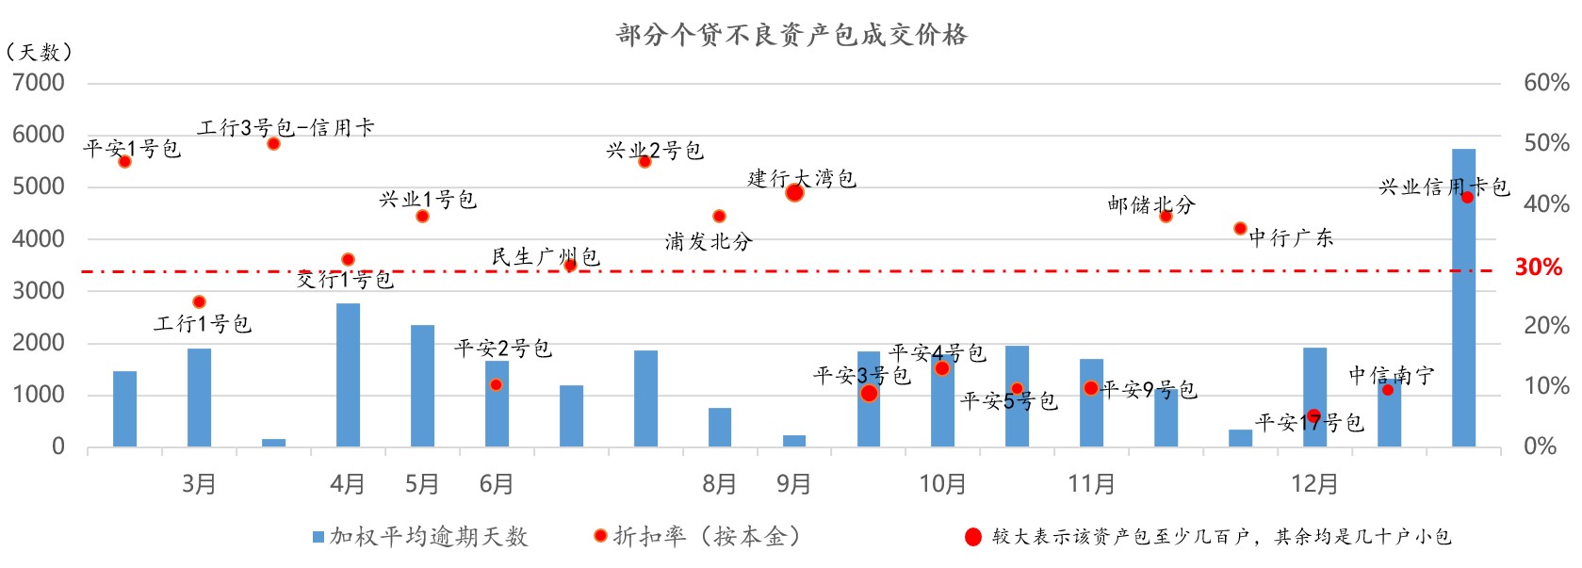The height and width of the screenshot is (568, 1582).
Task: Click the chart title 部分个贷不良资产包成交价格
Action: (x=791, y=35)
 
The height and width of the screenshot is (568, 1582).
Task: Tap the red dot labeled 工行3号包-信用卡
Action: (x=273, y=144)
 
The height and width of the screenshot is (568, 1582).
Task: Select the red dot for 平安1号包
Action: (x=124, y=162)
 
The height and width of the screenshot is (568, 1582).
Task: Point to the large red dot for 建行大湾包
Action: (x=794, y=193)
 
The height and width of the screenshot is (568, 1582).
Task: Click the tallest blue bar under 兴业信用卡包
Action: (x=1463, y=301)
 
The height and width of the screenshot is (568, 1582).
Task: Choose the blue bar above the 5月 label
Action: (x=422, y=386)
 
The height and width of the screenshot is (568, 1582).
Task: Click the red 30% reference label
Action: (x=1538, y=268)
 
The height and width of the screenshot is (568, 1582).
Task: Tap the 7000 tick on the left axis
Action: (x=39, y=83)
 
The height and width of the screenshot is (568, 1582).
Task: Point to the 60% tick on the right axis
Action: (x=1546, y=83)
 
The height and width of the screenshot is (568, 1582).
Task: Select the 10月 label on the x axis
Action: (x=942, y=484)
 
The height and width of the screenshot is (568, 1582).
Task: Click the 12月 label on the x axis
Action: (x=1314, y=484)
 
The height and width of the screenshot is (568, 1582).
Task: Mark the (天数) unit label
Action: (x=39, y=52)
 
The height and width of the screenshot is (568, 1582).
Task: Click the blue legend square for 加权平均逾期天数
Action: (x=318, y=537)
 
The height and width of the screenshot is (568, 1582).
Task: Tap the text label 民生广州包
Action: (x=545, y=256)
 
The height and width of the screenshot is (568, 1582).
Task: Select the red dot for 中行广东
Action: (x=1240, y=229)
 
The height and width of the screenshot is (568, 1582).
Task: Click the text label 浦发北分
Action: (x=709, y=241)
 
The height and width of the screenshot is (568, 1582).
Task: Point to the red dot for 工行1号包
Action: (x=199, y=302)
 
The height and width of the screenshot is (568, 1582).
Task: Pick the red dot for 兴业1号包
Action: (x=422, y=217)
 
